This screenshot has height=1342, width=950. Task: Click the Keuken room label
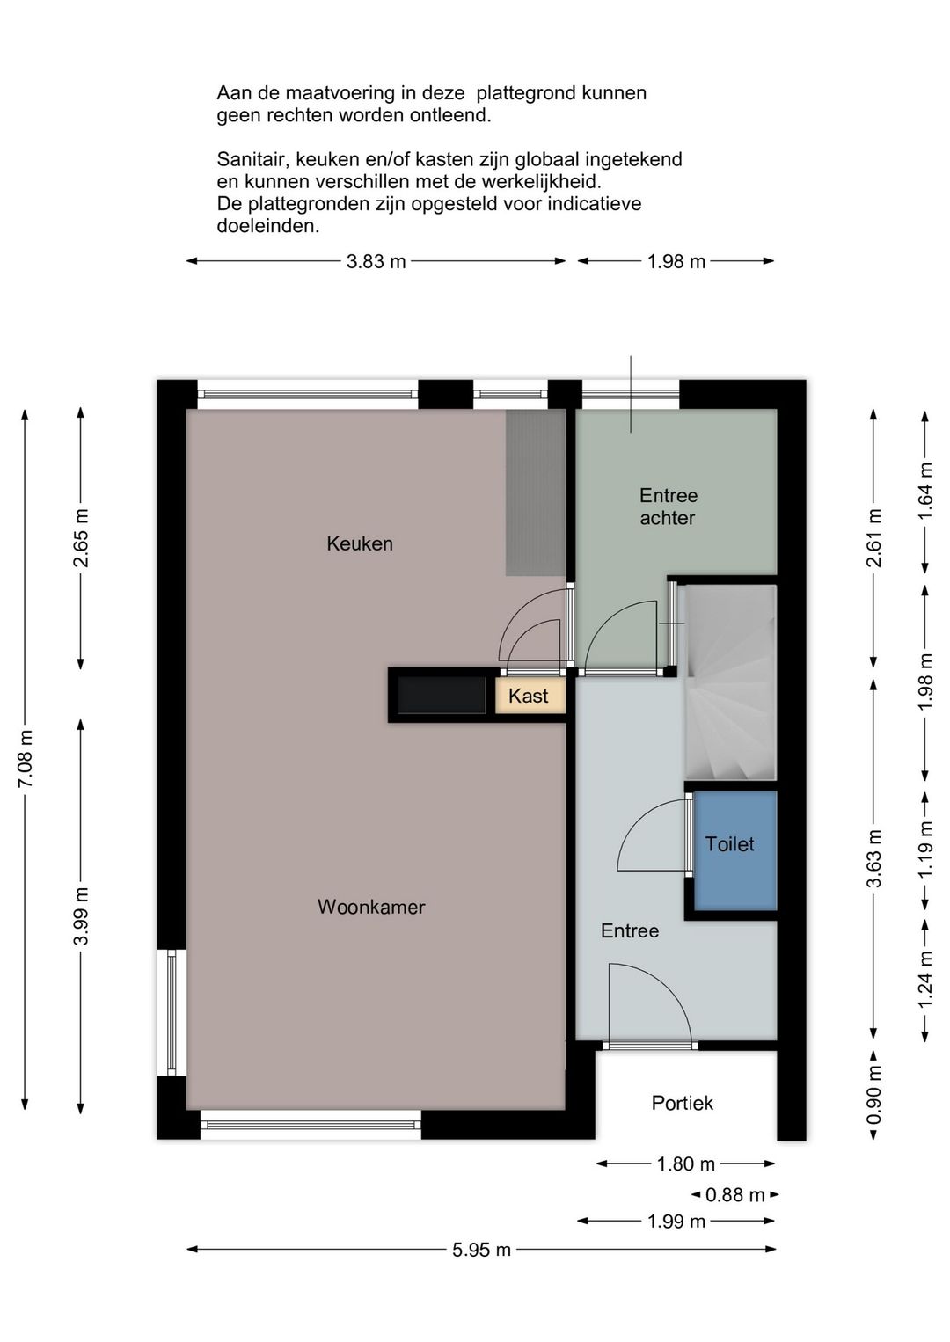[x=360, y=543]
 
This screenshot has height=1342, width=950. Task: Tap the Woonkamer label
[x=371, y=907]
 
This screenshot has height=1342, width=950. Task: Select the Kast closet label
[x=528, y=696]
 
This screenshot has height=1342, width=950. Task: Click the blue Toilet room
[x=734, y=850]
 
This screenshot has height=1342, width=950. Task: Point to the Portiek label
[x=682, y=1103]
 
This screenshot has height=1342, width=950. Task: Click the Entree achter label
[x=669, y=507]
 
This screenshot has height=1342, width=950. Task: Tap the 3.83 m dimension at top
[x=376, y=261]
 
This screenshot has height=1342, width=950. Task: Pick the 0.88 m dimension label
[x=734, y=1195]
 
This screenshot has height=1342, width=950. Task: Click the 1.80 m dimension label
[x=686, y=1164]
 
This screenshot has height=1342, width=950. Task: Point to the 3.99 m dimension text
[x=81, y=916]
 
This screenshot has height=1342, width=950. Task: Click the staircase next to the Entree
[x=731, y=682]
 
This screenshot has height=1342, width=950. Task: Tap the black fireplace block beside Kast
[x=442, y=695]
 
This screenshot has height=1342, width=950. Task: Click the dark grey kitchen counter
[x=535, y=492]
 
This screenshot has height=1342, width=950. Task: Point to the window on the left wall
[x=172, y=1012]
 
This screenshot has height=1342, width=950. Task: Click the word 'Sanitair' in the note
[x=252, y=159]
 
